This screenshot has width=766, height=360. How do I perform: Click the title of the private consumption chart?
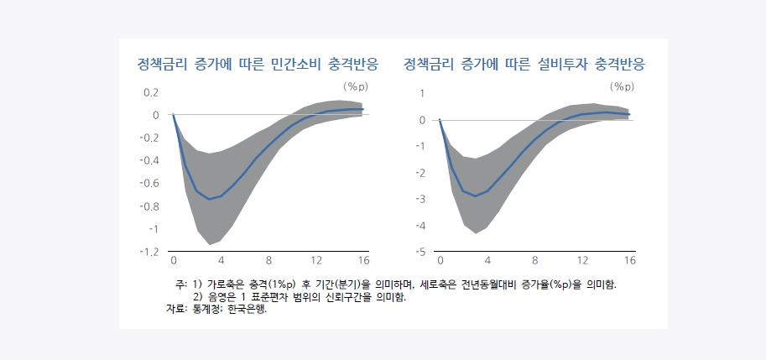click(258, 64)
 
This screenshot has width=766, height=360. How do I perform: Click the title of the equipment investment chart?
click(529, 64)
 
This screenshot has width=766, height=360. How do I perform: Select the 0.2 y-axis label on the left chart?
click(151, 92)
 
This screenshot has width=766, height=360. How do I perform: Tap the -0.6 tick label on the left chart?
click(149, 183)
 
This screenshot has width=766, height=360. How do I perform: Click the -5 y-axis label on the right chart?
click(420, 252)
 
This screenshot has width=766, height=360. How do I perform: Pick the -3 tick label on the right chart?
click(420, 199)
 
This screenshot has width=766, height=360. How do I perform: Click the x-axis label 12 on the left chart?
click(316, 261)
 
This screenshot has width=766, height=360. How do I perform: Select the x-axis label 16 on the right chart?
click(629, 261)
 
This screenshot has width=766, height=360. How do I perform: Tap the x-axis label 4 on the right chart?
click(487, 261)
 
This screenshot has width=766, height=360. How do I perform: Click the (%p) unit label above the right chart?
click(622, 86)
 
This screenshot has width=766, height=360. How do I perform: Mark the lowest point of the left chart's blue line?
click(209, 199)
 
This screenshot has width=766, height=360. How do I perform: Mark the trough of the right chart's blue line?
click(475, 196)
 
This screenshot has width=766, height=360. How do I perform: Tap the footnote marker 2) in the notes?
click(199, 297)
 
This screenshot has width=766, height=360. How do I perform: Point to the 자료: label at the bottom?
click(177, 310)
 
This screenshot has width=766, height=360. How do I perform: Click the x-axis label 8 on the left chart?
click(268, 261)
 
